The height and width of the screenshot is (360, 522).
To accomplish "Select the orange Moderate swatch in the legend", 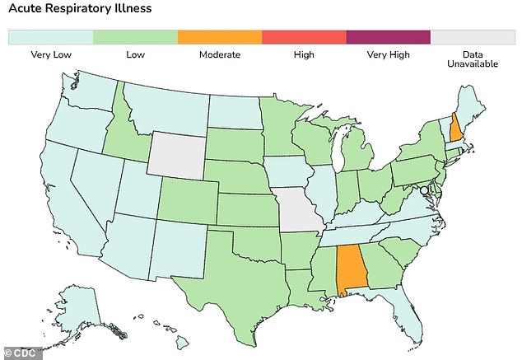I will [219, 37].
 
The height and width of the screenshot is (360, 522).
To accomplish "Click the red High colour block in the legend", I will [303, 37].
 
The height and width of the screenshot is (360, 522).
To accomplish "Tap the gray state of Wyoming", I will [174, 152].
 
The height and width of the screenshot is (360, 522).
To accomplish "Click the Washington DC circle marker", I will [424, 189].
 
